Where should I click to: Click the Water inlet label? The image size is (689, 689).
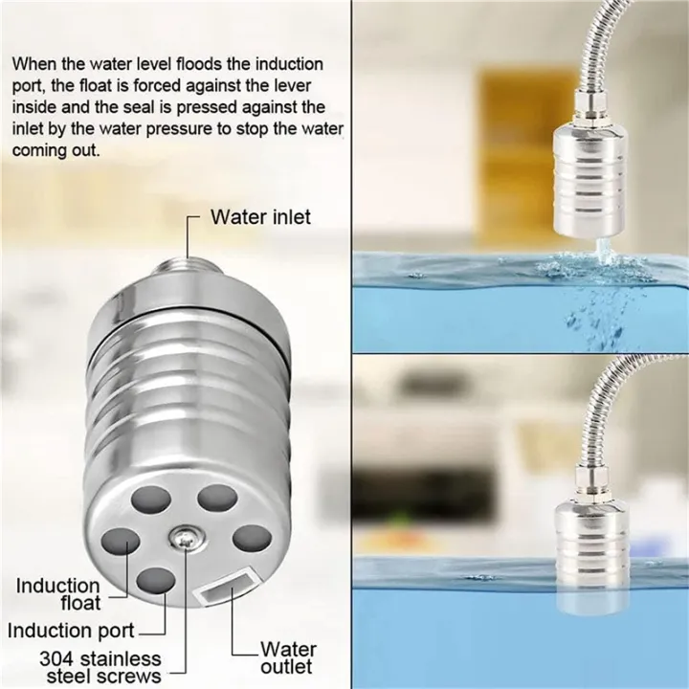tap(260, 217)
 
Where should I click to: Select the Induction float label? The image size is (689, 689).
tap(57, 593)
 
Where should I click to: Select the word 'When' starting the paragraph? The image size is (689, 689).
tap(33, 64)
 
